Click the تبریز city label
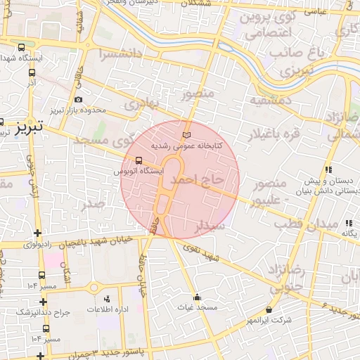pos(30,127)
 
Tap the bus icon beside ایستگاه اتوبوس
pos(138,160)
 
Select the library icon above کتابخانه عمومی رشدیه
pos(186,135)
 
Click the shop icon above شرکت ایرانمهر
pos(269,309)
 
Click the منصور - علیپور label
pos(268,191)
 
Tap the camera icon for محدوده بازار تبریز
pos(77,99)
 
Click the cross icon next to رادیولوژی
pos(38,233)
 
